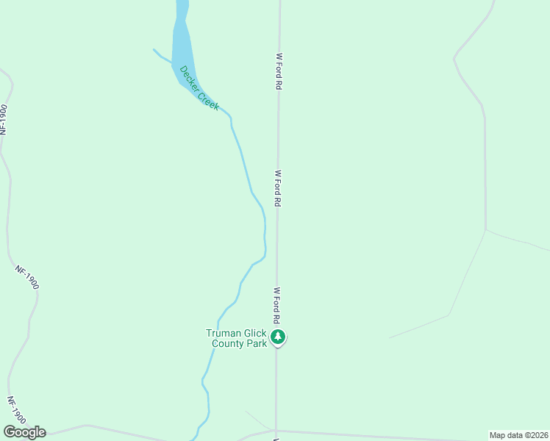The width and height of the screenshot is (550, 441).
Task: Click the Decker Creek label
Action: (x=199, y=88)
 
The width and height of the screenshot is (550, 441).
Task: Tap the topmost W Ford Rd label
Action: (x=279, y=71)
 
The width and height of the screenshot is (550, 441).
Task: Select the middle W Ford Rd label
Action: (x=278, y=188)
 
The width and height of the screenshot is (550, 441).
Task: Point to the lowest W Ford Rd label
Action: (x=277, y=306)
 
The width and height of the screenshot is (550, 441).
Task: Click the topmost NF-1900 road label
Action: (x=4, y=119)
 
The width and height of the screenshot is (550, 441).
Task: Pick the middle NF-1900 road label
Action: (x=26, y=277)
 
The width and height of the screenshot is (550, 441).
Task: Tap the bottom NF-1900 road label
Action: (x=17, y=410)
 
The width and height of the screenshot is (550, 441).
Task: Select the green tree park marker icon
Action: (x=277, y=337)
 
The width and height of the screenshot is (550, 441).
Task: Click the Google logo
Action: (x=24, y=432)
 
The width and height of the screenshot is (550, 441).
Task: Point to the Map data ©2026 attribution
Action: (x=518, y=435)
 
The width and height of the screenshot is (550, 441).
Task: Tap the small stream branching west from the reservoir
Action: (x=162, y=56)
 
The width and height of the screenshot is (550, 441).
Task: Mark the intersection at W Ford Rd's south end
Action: (x=276, y=430)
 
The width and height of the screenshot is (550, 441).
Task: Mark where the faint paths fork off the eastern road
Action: (x=486, y=230)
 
